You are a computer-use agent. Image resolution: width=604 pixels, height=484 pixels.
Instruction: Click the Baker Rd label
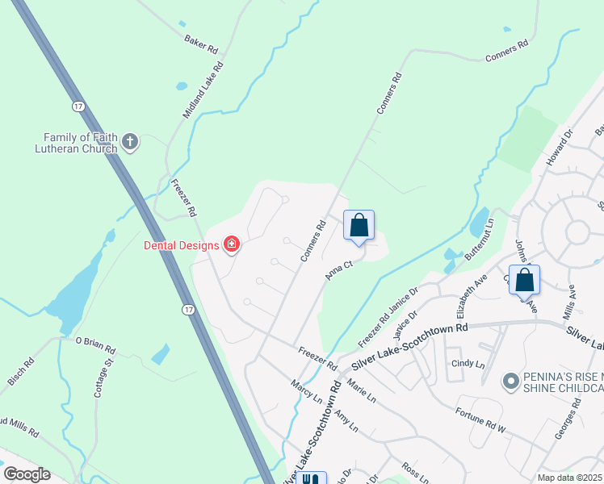point(201,44)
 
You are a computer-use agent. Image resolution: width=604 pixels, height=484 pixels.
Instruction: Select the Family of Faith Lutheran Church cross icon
point(130,144)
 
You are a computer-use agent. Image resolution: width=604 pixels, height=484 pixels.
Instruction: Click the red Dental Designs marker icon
point(231,244)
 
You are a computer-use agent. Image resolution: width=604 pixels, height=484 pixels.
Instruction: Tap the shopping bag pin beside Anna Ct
point(359,226)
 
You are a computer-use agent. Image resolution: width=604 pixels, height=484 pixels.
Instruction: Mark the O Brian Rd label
point(95,346)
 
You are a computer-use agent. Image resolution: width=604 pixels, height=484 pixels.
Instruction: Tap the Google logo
point(27,474)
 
